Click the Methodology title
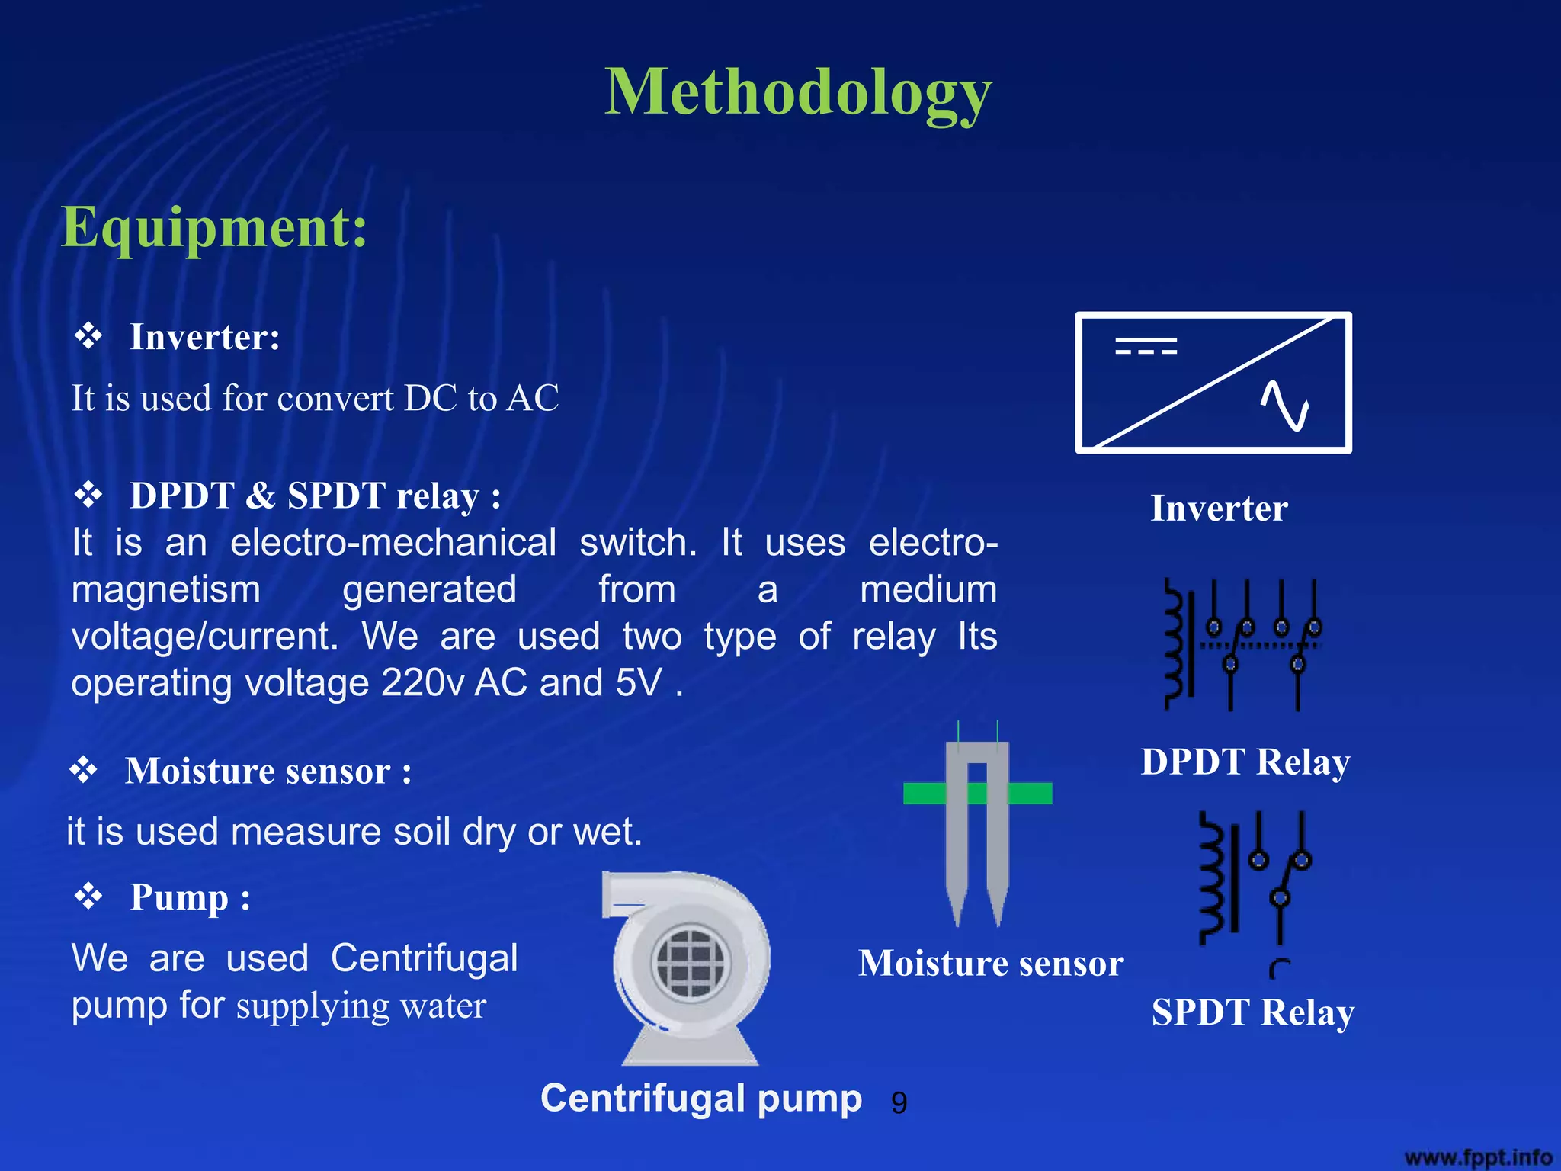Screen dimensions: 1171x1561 [x=798, y=93]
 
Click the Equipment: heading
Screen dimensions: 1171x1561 [x=214, y=227]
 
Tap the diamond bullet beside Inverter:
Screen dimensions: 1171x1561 [x=88, y=335]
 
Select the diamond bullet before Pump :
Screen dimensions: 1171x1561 [x=88, y=896]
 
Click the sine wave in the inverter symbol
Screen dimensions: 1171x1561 [x=1284, y=405]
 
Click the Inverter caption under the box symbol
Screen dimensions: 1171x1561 [x=1219, y=509]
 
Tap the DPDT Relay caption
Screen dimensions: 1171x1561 [x=1245, y=762]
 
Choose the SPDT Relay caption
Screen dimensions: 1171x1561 [x=1252, y=1012]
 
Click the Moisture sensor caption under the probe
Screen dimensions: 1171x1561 [x=991, y=963]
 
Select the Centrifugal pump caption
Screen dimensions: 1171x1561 [x=701, y=1099]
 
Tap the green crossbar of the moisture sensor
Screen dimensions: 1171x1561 [x=977, y=794]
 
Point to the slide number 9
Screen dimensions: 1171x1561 [x=899, y=1103]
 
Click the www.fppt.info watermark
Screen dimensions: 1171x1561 [x=1478, y=1157]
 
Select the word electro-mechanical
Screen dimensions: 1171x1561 [x=393, y=543]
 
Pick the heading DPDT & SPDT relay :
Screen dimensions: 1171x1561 [x=315, y=496]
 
